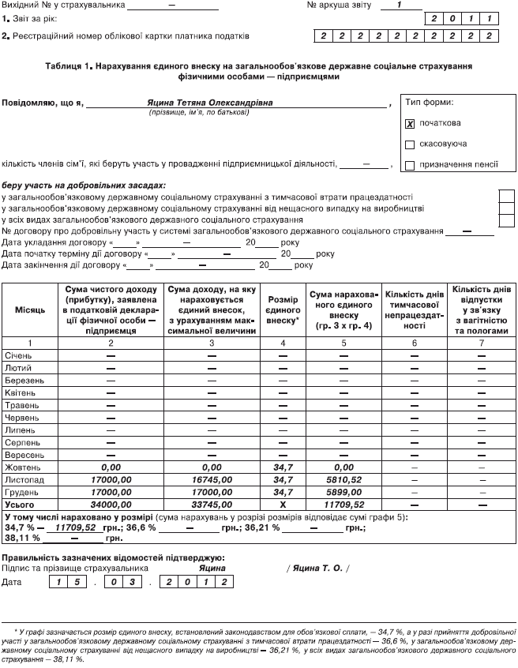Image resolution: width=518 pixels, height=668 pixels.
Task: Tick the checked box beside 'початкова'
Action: tap(410, 124)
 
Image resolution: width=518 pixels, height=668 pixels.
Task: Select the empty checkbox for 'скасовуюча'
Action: tap(410, 144)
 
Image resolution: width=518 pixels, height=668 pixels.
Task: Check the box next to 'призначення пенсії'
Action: tap(410, 165)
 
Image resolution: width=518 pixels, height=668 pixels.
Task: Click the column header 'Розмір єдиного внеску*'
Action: tap(283, 310)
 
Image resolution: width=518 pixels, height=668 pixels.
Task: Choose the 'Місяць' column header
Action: tap(31, 310)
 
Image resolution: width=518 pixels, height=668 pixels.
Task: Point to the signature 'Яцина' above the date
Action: tap(213, 568)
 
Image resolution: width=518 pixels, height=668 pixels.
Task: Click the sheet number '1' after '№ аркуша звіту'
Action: tap(400, 5)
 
